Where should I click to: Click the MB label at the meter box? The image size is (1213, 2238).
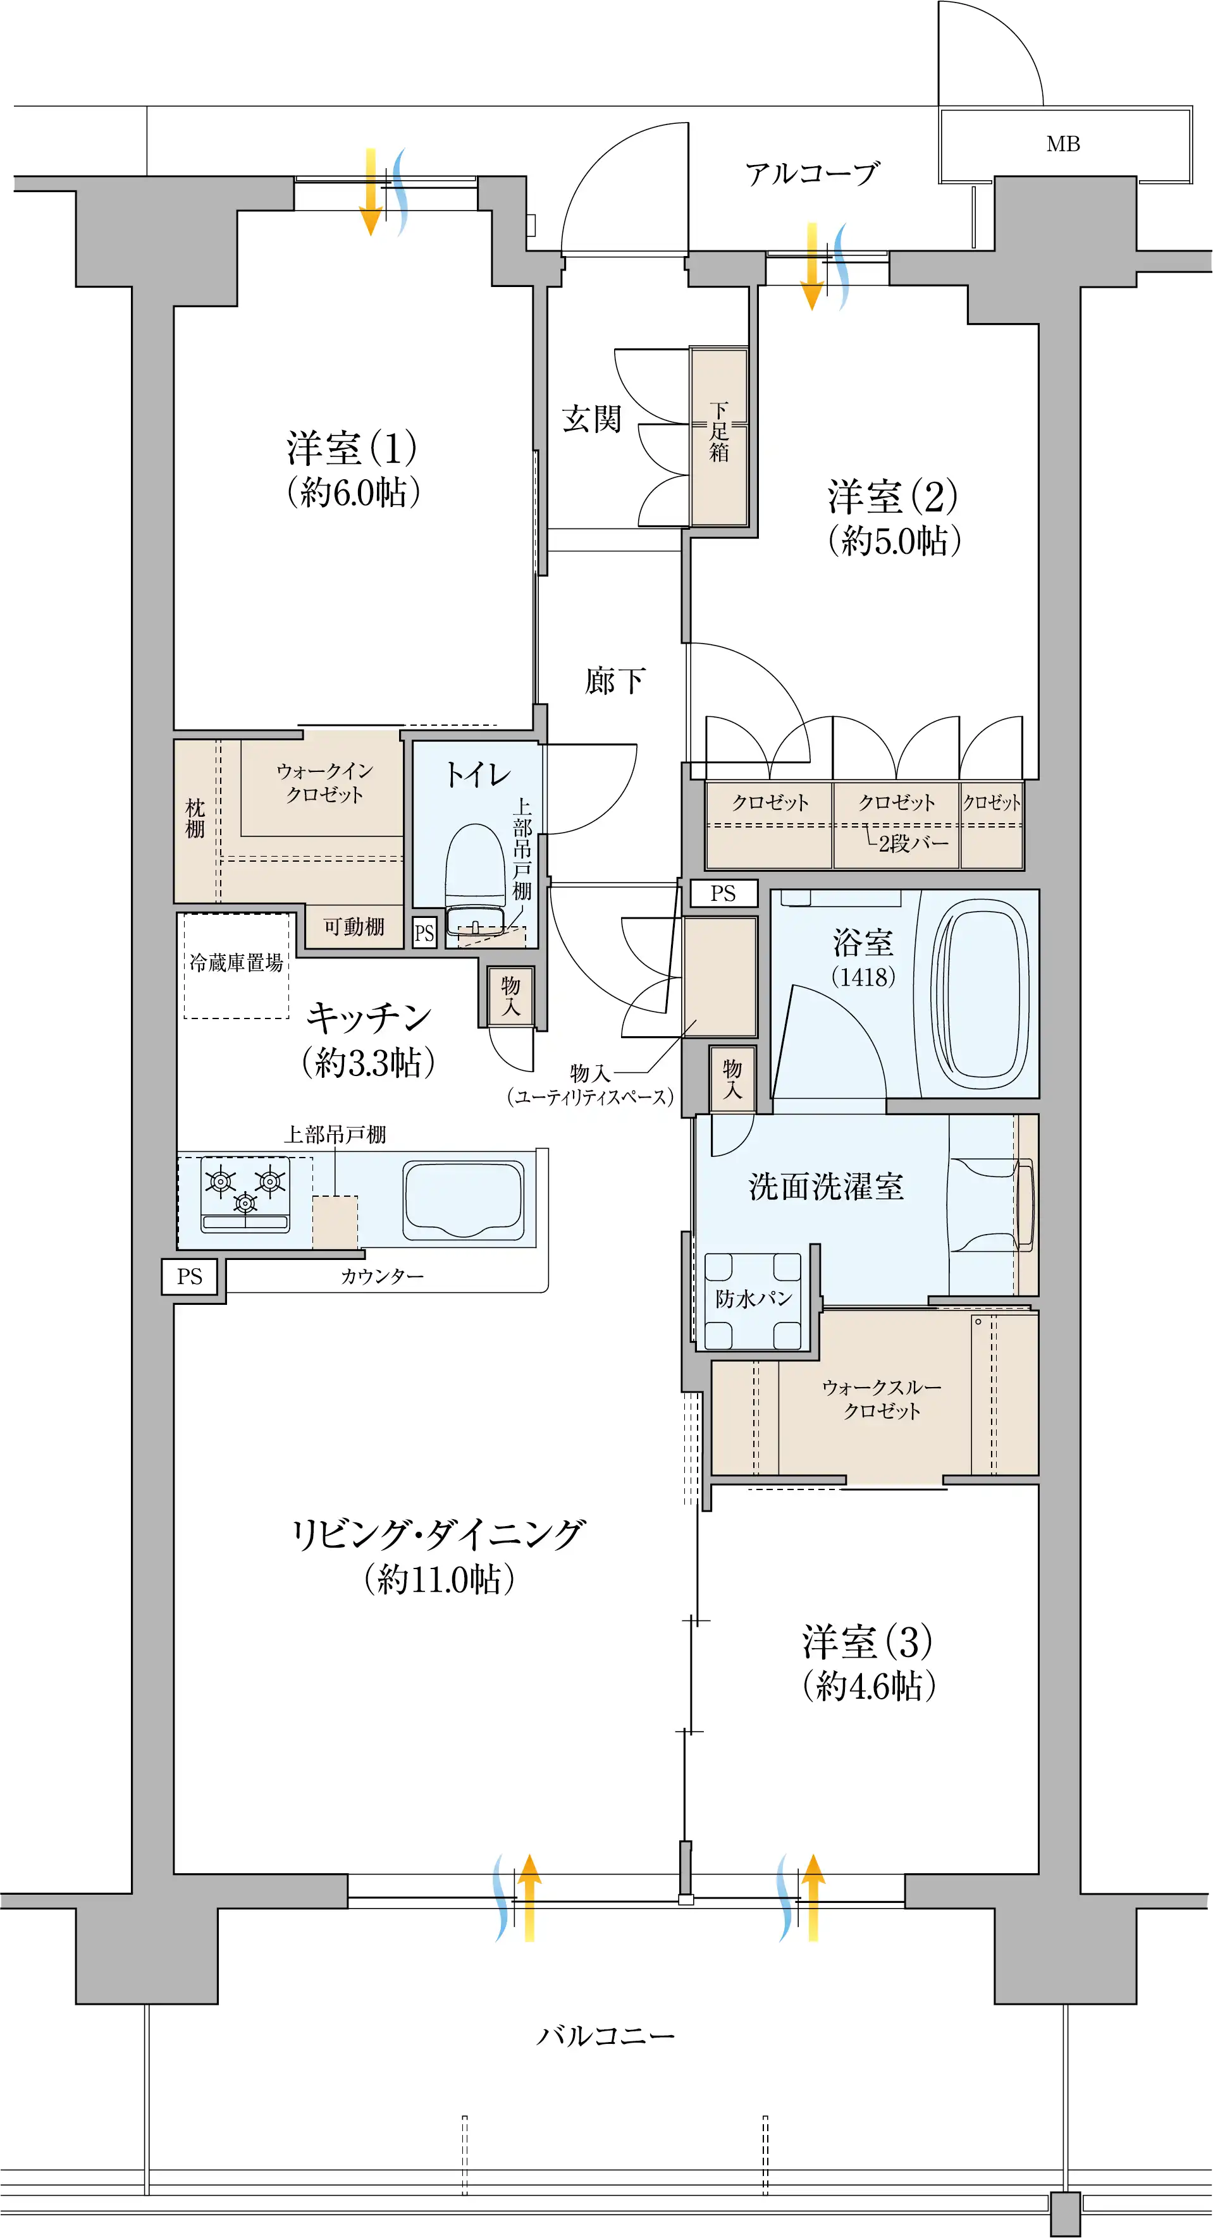1062,144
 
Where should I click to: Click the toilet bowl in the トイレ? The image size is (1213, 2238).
476,877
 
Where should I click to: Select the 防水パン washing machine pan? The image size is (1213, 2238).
753,1300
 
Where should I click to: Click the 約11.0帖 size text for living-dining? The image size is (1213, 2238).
440,1579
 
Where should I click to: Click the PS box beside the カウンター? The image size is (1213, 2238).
190,1276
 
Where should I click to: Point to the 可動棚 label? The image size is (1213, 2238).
354,927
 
